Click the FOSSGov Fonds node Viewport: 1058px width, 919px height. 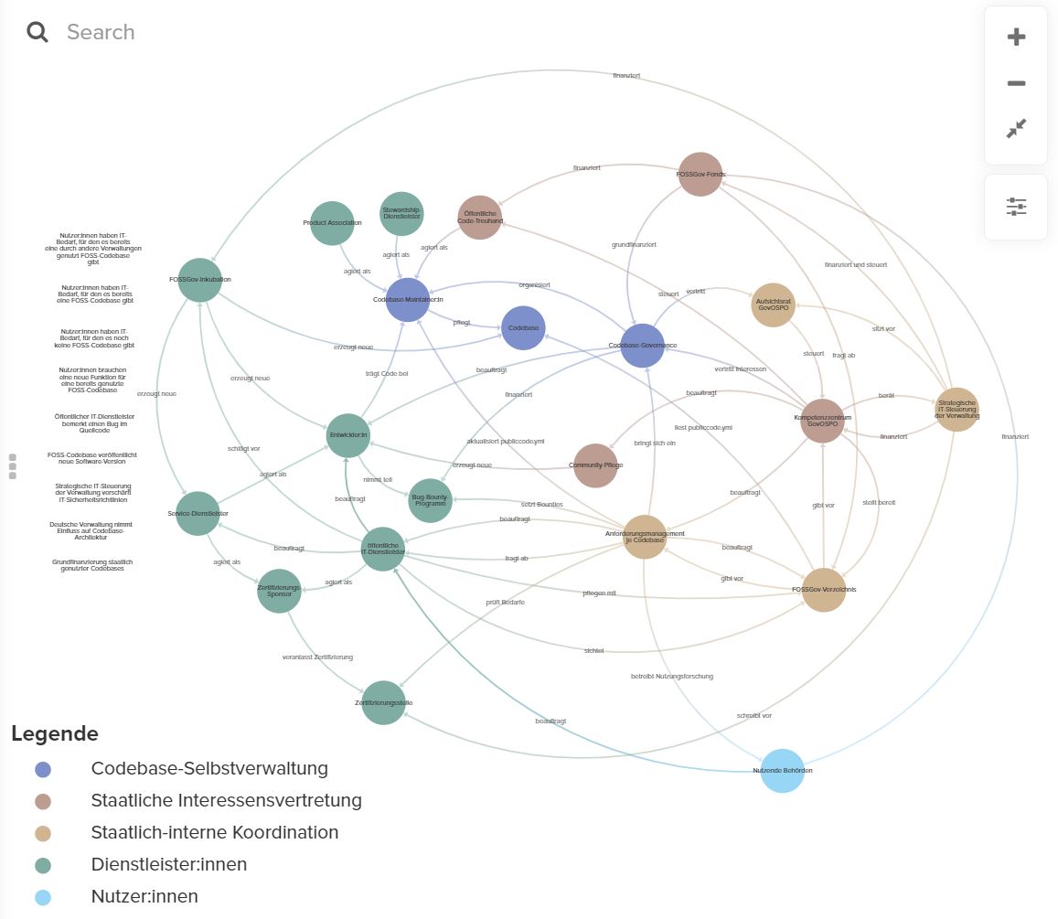(700, 174)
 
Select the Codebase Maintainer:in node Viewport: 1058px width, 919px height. (407, 300)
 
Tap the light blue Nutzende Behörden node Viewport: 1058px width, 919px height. (782, 771)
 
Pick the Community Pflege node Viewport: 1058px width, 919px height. (595, 465)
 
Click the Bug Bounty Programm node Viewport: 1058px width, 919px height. (430, 501)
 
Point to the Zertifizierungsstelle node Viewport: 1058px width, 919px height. (383, 702)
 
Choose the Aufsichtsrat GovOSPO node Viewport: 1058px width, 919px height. (773, 305)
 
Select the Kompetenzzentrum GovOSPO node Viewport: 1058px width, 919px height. (822, 420)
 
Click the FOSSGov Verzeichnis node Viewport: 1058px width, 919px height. (823, 590)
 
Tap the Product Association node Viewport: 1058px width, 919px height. (331, 223)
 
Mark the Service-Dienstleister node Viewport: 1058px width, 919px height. (198, 514)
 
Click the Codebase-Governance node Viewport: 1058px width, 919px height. (642, 346)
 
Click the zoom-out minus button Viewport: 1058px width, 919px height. (1015, 83)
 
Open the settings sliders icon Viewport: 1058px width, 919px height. (1015, 207)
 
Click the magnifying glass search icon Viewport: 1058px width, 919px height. (37, 33)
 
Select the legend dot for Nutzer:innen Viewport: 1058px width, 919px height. (42, 897)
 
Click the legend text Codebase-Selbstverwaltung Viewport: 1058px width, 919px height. (208, 769)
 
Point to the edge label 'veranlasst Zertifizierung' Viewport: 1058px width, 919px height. (317, 657)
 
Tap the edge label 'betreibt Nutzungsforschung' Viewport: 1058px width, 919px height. (671, 677)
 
